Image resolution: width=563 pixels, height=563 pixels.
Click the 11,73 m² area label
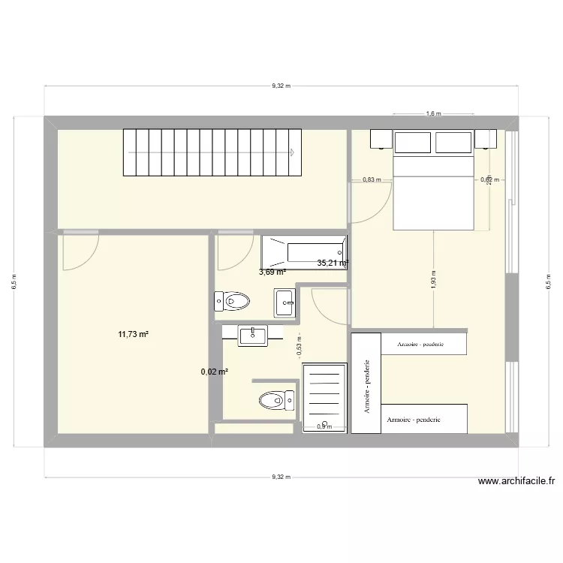[x=133, y=335]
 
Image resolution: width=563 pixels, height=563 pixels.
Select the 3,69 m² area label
[x=272, y=272]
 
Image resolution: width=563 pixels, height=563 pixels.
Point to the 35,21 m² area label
[x=333, y=263]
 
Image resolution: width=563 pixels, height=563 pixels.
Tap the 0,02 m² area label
[x=214, y=371]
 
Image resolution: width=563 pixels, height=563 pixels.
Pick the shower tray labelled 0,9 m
[x=325, y=398]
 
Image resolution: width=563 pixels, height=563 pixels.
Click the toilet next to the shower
[x=275, y=399]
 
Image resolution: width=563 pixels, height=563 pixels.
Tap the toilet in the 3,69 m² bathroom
[x=232, y=302]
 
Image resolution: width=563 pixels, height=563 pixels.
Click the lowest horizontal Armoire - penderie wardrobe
[x=424, y=419]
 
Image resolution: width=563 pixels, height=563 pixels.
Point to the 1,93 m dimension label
[x=434, y=279]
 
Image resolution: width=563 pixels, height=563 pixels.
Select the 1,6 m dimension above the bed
[x=433, y=114]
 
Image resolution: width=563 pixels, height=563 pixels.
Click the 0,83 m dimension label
[x=372, y=179]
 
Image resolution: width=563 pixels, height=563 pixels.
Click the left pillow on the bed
[x=413, y=142]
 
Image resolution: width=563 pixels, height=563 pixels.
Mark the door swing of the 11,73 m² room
[x=80, y=252]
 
